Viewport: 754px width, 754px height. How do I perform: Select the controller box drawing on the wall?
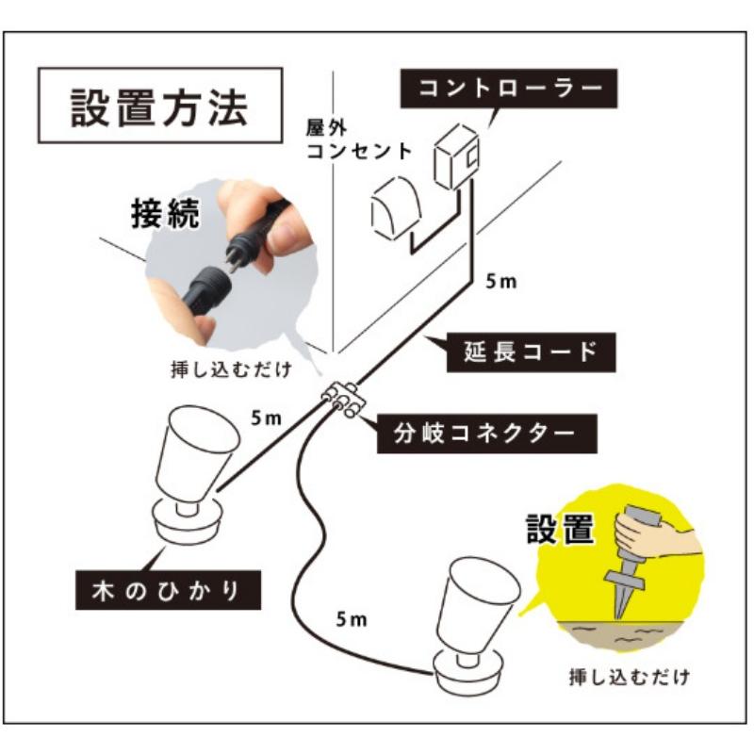pos(458,155)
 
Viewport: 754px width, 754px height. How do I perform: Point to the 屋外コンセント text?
pos(359,139)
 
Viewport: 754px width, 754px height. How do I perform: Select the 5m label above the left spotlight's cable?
pos(268,416)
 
